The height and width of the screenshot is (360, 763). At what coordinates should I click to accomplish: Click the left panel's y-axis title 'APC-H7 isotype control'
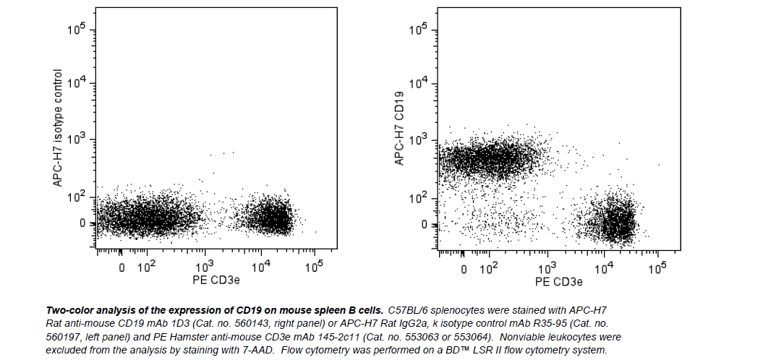click(59, 129)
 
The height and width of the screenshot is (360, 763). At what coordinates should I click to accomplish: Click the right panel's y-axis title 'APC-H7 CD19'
click(399, 129)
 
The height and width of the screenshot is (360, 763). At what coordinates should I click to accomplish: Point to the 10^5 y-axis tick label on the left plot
click(77, 30)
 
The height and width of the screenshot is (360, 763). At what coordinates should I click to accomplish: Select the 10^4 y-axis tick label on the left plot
click(77, 84)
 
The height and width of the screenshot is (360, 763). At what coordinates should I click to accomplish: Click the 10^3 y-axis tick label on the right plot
click(419, 140)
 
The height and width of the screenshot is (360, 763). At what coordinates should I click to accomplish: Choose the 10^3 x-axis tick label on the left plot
click(205, 267)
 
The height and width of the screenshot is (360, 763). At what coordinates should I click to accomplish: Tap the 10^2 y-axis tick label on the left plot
click(77, 196)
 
